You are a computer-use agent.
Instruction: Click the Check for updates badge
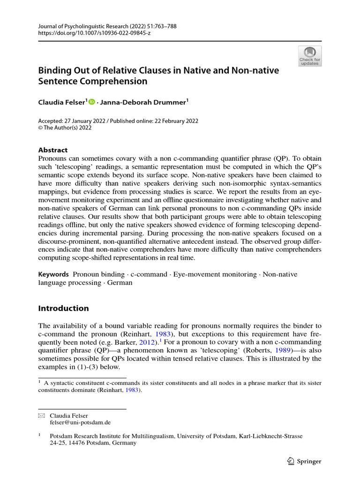tap(309, 56)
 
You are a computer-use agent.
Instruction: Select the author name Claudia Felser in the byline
tap(61, 102)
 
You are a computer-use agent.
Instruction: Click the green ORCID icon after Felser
tap(91, 102)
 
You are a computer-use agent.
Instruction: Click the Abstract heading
tap(52, 150)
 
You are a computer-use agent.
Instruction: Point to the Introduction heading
tap(63, 308)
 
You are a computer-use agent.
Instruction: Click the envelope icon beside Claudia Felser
tap(41, 415)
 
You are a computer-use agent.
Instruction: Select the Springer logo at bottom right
tap(304, 461)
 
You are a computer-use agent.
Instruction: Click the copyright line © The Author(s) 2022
tap(65, 127)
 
